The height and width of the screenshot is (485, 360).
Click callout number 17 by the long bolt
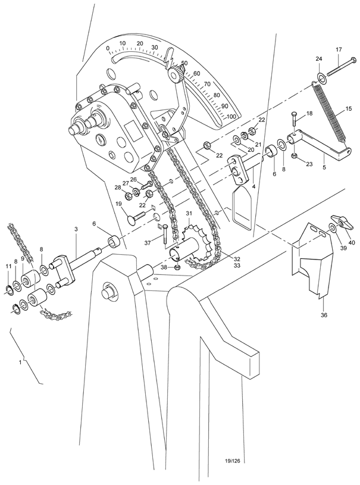click(x=339, y=49)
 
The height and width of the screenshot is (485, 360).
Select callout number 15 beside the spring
click(x=349, y=110)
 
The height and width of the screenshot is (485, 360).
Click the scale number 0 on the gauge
click(x=107, y=48)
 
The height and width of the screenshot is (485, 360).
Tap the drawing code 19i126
click(x=236, y=460)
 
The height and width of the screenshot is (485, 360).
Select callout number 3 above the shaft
click(x=76, y=229)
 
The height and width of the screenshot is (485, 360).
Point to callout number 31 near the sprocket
click(x=189, y=213)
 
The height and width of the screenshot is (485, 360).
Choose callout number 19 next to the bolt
click(x=119, y=204)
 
